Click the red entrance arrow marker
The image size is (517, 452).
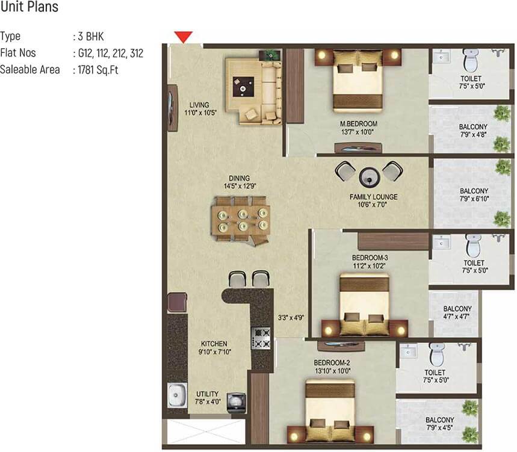pos(184,37)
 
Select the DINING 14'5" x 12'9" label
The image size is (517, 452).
pos(240,182)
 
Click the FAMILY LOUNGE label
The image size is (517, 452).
pos(374,197)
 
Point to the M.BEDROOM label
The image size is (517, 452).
pos(358,124)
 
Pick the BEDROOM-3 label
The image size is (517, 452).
pos(370,258)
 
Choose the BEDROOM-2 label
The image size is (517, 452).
pos(332,363)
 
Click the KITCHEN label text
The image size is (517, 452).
pos(214,344)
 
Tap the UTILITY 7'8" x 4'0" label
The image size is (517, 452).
pos(208,398)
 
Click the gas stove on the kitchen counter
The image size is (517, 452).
pos(261,338)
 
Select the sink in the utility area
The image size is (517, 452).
pos(177,395)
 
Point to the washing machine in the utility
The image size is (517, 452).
pos(236,402)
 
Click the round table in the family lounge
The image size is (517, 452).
pos(370,178)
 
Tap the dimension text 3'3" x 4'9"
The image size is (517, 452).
pos(291,318)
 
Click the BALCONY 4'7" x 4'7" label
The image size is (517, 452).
pos(457,312)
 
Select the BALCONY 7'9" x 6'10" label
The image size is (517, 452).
pos(474,195)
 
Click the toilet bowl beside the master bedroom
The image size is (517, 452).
pos(471,60)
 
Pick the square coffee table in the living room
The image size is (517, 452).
pos(243,87)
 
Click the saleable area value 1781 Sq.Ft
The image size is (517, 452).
pos(98,70)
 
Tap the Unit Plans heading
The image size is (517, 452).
pos(29,7)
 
